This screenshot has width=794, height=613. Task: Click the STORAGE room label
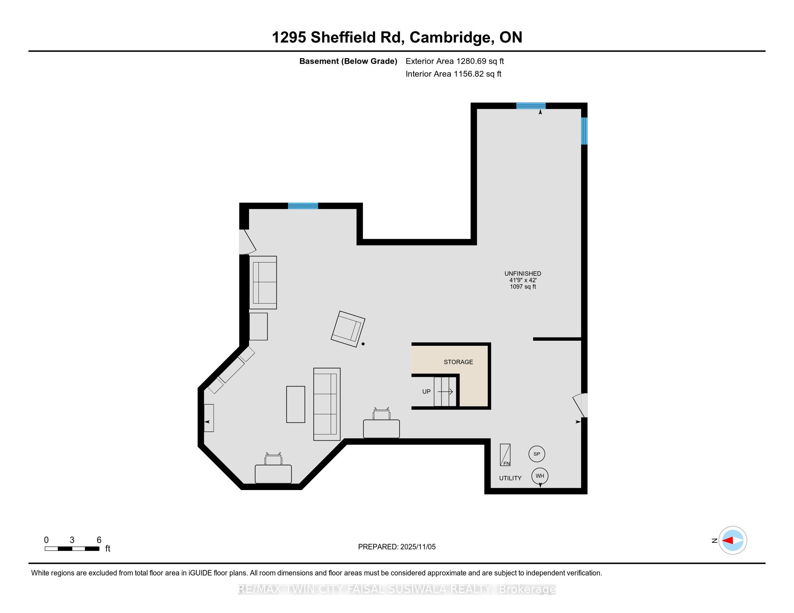(x=458, y=362)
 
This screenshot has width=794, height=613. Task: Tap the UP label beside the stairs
(x=426, y=392)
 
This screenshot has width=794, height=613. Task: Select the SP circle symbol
(x=537, y=454)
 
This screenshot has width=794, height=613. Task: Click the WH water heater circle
(x=540, y=476)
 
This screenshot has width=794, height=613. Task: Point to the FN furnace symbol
(x=505, y=455)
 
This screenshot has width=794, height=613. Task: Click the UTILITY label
(x=510, y=478)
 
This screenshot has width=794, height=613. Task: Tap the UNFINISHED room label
(x=523, y=273)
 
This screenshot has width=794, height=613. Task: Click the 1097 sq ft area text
(x=523, y=287)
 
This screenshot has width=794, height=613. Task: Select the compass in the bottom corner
(x=733, y=541)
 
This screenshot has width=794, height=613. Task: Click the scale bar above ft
(x=72, y=549)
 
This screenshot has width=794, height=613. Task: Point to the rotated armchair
(x=348, y=329)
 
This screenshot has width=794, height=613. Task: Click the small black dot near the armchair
(x=363, y=344)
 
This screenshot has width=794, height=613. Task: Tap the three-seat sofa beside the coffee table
(x=327, y=404)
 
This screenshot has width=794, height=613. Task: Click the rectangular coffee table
(x=296, y=404)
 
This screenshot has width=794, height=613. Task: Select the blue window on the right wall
(x=584, y=131)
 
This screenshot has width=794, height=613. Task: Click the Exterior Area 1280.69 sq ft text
(x=454, y=61)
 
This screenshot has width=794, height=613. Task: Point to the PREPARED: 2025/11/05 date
(x=397, y=547)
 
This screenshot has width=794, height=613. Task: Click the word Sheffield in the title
(x=343, y=38)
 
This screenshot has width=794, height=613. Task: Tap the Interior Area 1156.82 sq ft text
(x=453, y=74)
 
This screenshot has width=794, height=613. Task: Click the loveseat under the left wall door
(x=263, y=283)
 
